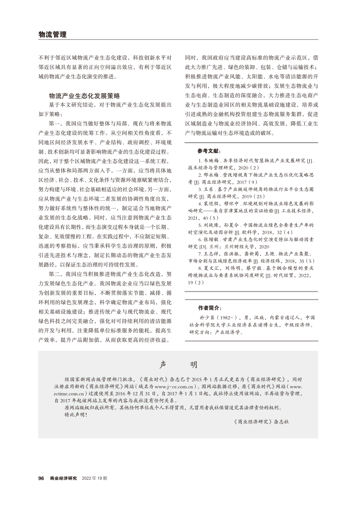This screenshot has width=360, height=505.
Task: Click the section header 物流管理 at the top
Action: click(x=52, y=34)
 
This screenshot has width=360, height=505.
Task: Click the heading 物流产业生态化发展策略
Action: click(x=84, y=95)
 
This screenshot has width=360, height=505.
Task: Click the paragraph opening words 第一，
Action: click(x=57, y=124)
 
